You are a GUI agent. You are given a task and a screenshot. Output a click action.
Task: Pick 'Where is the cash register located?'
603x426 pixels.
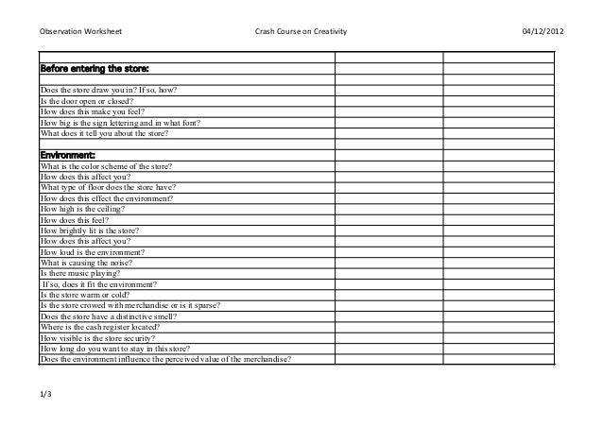[105, 327]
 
